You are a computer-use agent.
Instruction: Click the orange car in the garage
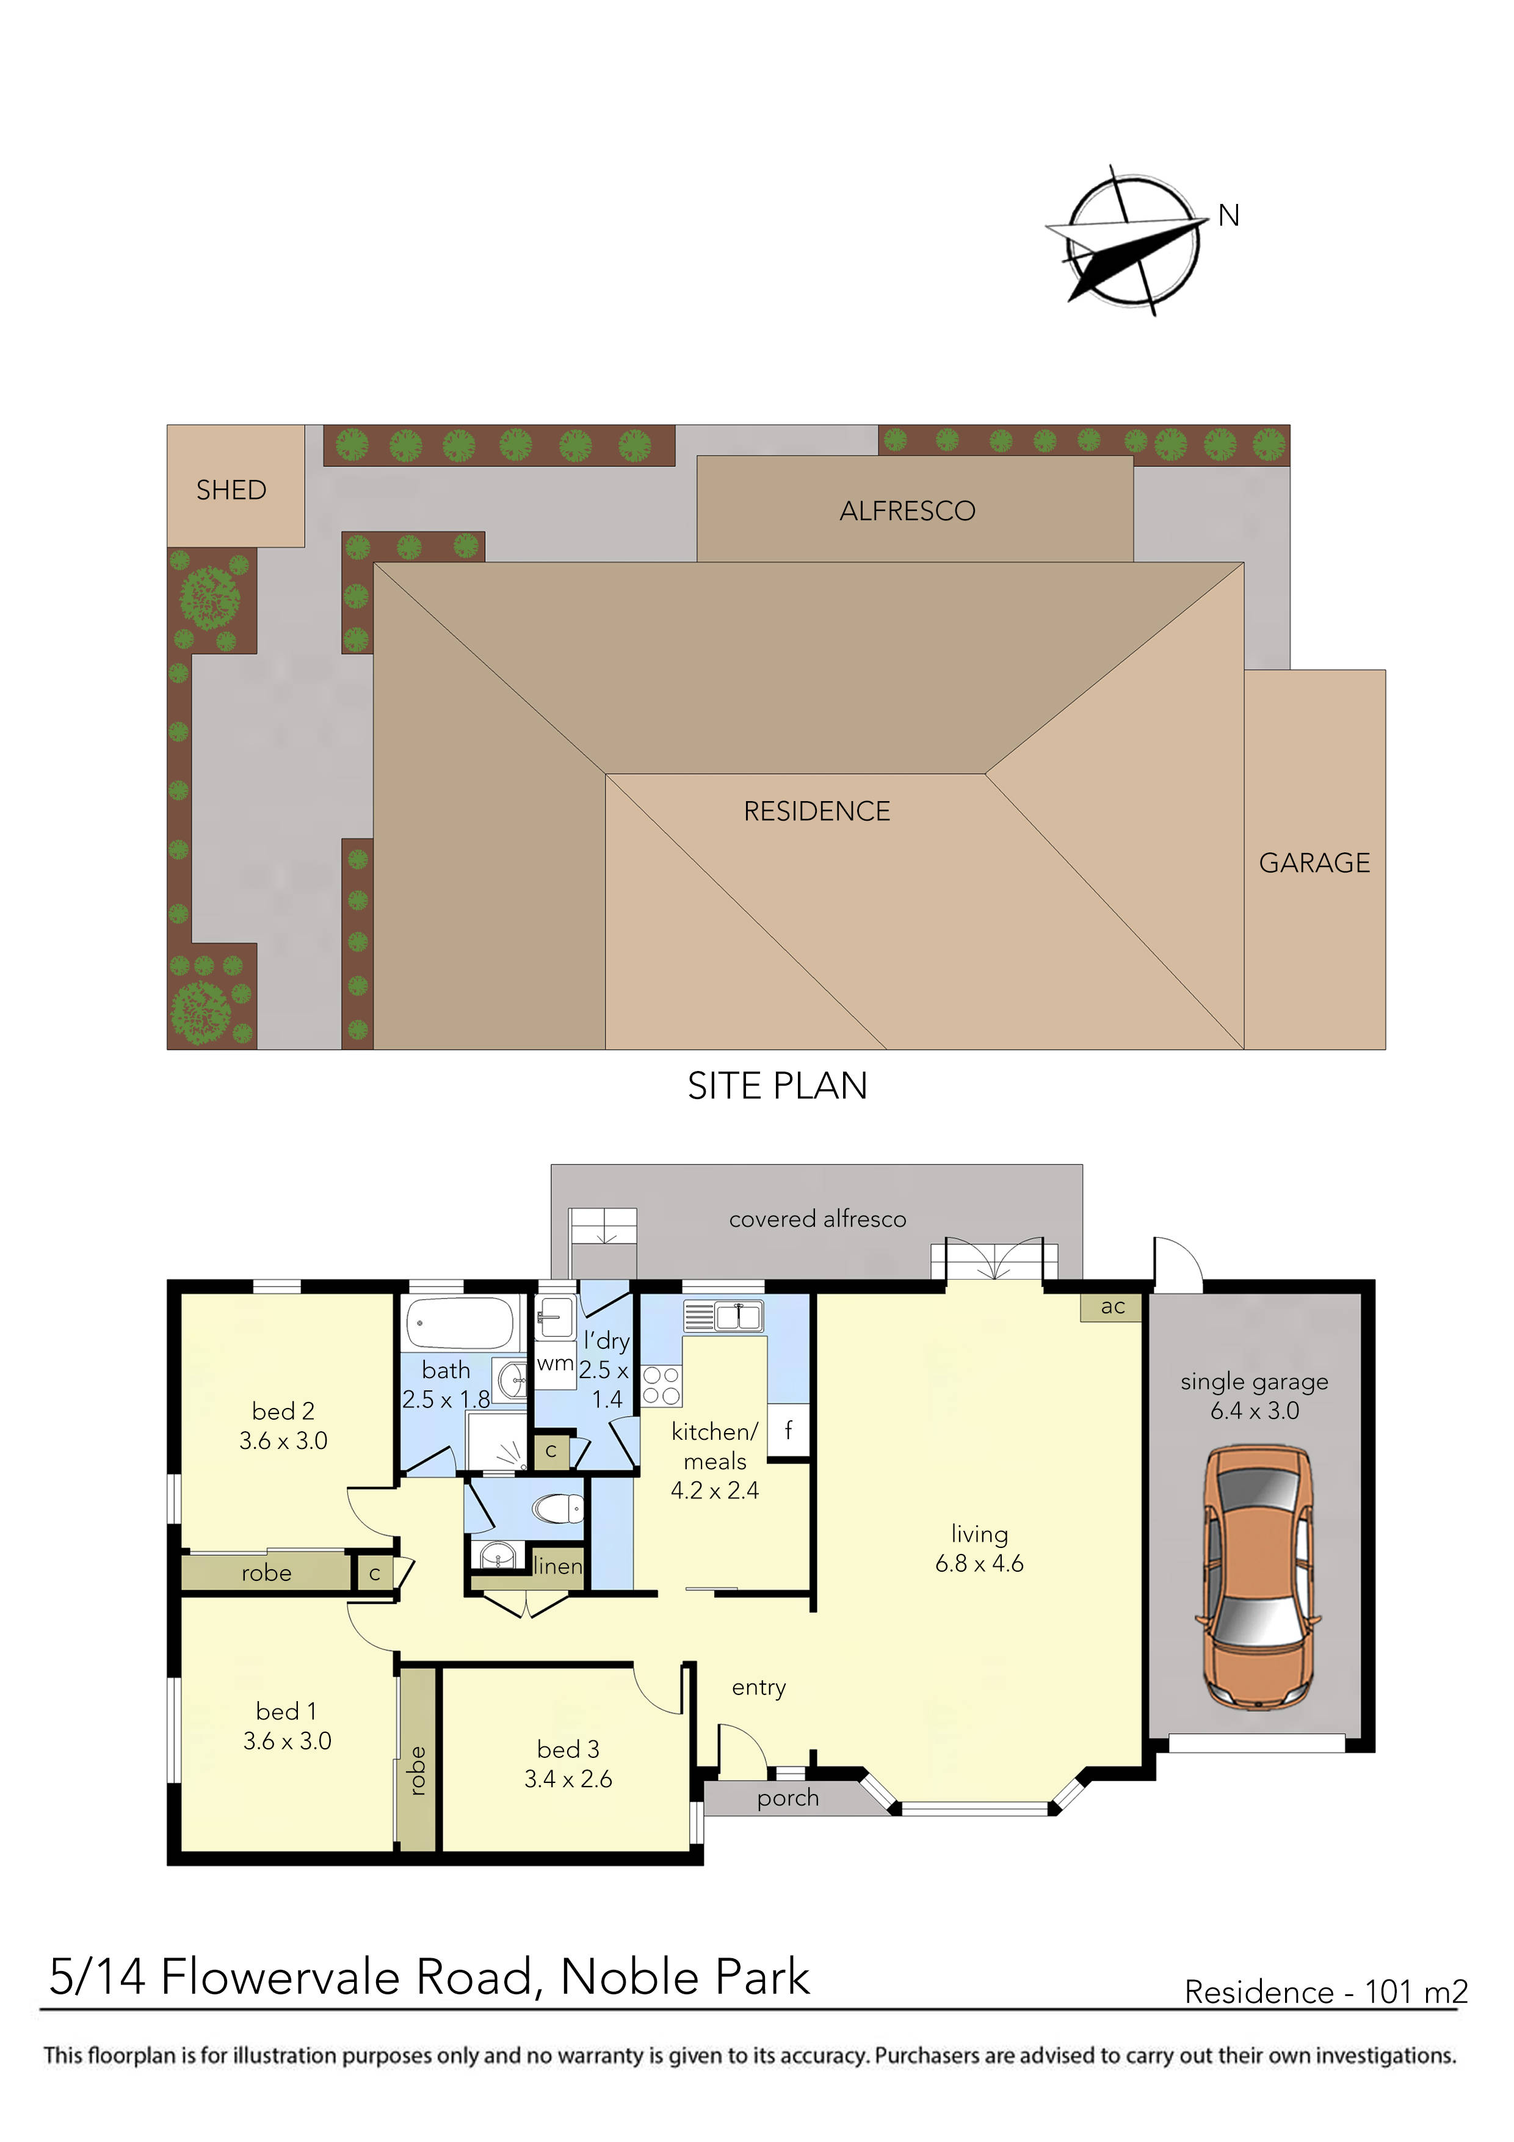point(1258,1577)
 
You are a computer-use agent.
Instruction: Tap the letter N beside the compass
point(1228,216)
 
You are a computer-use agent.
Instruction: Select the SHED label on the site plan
point(231,490)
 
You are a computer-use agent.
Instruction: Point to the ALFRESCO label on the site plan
point(907,511)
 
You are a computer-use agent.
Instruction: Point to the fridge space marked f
point(788,1429)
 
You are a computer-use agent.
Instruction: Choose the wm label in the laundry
point(555,1364)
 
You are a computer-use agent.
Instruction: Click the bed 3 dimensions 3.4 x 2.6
point(568,1779)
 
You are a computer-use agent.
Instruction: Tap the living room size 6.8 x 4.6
point(979,1564)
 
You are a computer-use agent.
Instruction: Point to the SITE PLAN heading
point(777,1086)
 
